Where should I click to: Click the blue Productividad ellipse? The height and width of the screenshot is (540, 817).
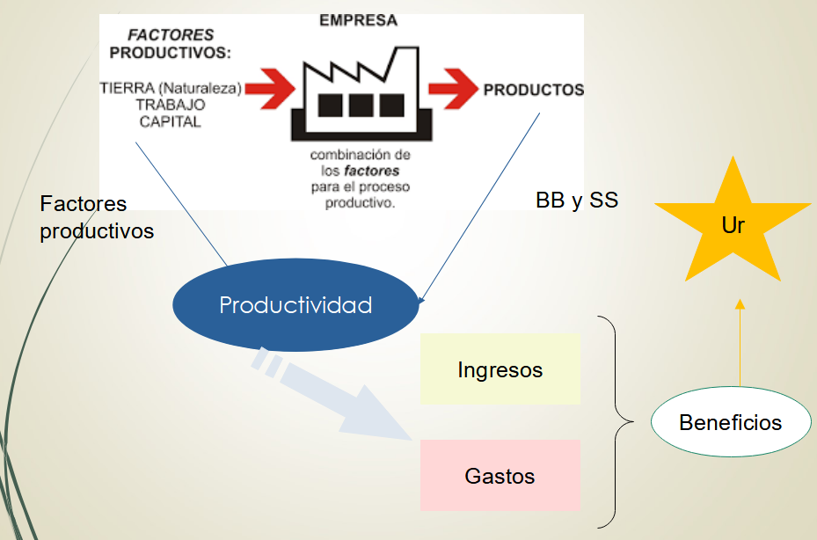pyautogui.click(x=295, y=305)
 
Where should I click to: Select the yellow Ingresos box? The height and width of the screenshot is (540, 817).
pyautogui.click(x=500, y=369)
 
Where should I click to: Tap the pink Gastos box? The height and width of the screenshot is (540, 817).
pyautogui.click(x=500, y=476)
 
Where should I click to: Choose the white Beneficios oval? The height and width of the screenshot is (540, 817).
pyautogui.click(x=730, y=422)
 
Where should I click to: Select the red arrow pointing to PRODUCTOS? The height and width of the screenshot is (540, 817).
pyautogui.click(x=452, y=88)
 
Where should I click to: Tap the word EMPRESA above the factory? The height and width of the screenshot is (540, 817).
pyautogui.click(x=359, y=20)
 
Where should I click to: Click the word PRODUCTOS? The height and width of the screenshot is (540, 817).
pyautogui.click(x=534, y=90)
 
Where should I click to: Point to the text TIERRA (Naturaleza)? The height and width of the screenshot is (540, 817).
pyautogui.click(x=171, y=88)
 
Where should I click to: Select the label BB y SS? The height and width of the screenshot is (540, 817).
pyautogui.click(x=576, y=201)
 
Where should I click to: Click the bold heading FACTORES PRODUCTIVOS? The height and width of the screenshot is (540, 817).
pyautogui.click(x=171, y=44)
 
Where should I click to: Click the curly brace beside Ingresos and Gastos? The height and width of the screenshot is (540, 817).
pyautogui.click(x=618, y=421)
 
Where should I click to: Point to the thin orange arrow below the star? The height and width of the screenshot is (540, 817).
pyautogui.click(x=740, y=343)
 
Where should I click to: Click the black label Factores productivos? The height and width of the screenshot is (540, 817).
pyautogui.click(x=96, y=217)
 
